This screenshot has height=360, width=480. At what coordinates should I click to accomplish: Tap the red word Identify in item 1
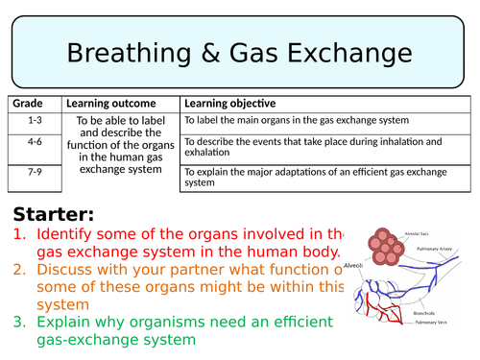67,233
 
